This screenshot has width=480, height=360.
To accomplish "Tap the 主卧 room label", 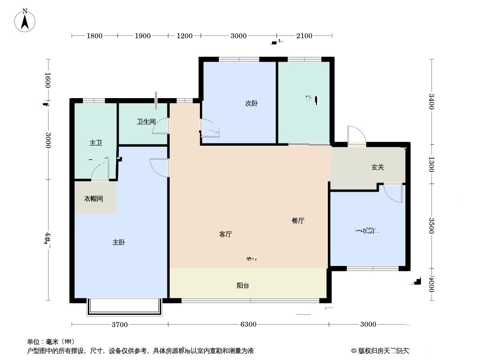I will [118, 243].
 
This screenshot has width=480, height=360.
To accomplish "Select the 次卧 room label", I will [251, 103].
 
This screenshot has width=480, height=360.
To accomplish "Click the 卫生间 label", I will [146, 121].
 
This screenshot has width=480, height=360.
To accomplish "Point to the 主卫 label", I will [95, 143].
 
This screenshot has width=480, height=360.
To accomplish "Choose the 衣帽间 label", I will [94, 198].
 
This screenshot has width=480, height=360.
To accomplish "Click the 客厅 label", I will [225, 234].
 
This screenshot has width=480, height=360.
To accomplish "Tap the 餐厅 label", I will [298, 220].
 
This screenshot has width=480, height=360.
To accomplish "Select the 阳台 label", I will [243, 285].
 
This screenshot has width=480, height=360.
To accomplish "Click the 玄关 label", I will [377, 167].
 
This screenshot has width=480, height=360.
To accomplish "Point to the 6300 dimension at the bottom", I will [248, 324].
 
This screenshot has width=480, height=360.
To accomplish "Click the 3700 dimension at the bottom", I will [120, 324].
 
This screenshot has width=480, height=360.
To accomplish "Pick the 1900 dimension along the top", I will [142, 36].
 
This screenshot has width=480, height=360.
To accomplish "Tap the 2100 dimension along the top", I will [304, 36].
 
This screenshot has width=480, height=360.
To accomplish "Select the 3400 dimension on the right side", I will [431, 101].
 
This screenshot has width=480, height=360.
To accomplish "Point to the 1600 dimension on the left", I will [48, 80].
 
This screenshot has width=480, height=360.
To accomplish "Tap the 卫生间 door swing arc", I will [161, 127].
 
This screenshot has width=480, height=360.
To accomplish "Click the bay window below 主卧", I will [124, 307].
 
